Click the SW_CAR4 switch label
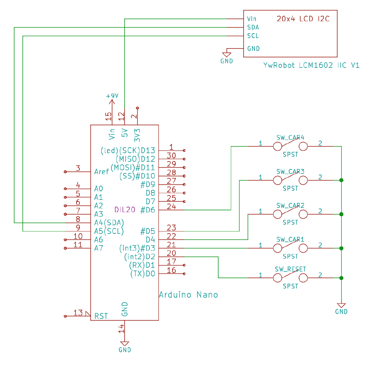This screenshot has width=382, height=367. tap(290, 138)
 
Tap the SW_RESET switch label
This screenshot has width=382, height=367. tap(290, 269)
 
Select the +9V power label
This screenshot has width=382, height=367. tap(112, 96)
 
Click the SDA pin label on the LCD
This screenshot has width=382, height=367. tap(253, 27)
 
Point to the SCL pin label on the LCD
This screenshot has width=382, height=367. tap(253, 36)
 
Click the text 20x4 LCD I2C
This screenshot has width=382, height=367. tap(303, 19)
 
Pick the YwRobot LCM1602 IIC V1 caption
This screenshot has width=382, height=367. tap(311, 66)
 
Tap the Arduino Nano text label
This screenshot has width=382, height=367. tap(188, 295)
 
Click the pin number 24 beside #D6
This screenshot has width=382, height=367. tap(171, 206)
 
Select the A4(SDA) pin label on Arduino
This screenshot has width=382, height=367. tap(109, 222)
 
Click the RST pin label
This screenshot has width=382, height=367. tap(101, 316)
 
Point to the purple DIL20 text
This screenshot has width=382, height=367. tap(125, 210)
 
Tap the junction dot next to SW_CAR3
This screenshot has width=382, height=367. tap(341, 180)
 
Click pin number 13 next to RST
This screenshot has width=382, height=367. tap(78, 313)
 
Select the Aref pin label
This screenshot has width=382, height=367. tap(101, 172)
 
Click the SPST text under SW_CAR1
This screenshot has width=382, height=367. tap(290, 257)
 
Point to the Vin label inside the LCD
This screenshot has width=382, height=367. tap(251, 19)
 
